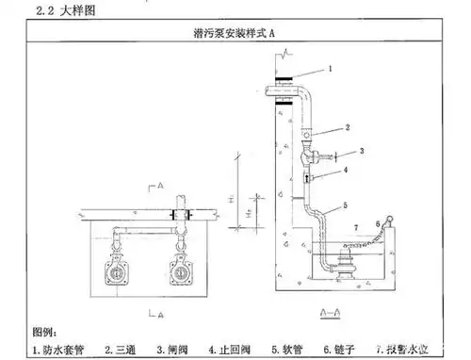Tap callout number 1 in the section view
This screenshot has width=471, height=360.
[331, 69]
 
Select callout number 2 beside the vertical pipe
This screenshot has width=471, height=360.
[347, 126]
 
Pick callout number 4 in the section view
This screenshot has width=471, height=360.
[345, 171]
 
